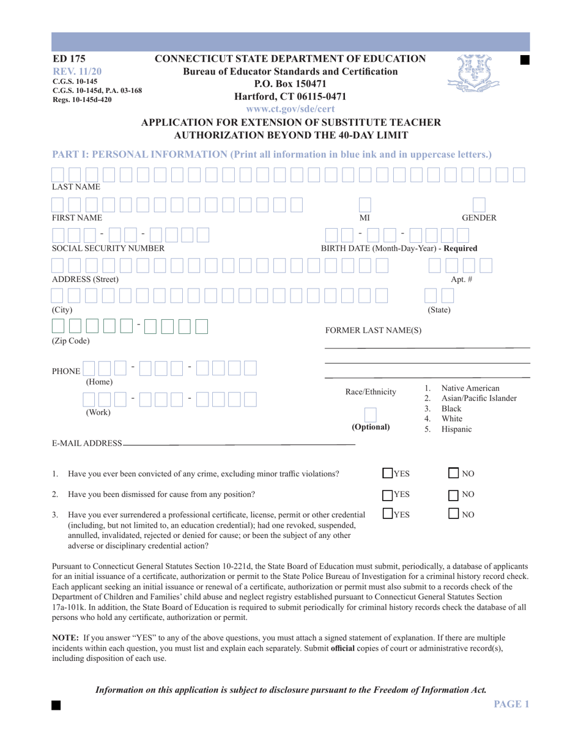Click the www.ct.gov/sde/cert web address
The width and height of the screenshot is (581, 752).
coord(290,109)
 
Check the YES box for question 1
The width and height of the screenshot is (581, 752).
coord(388,473)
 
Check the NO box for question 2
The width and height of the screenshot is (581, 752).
coord(454,495)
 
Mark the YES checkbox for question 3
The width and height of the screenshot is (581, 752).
coord(388,514)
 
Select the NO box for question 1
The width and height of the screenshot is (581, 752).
coord(454,473)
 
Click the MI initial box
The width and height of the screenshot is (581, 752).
coord(365,205)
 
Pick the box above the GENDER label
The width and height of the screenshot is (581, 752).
coord(479,205)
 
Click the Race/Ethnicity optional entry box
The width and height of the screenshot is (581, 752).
coord(371,415)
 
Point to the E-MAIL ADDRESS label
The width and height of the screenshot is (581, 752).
coord(87,443)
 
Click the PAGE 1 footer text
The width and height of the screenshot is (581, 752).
coord(511,704)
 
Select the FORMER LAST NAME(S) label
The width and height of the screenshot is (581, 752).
coord(373,331)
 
